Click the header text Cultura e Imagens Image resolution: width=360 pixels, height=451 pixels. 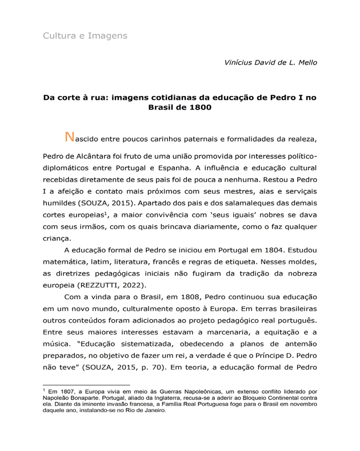point(85,36)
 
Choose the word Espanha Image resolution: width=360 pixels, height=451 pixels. point(171,168)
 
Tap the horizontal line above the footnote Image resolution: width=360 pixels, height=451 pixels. point(86,385)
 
